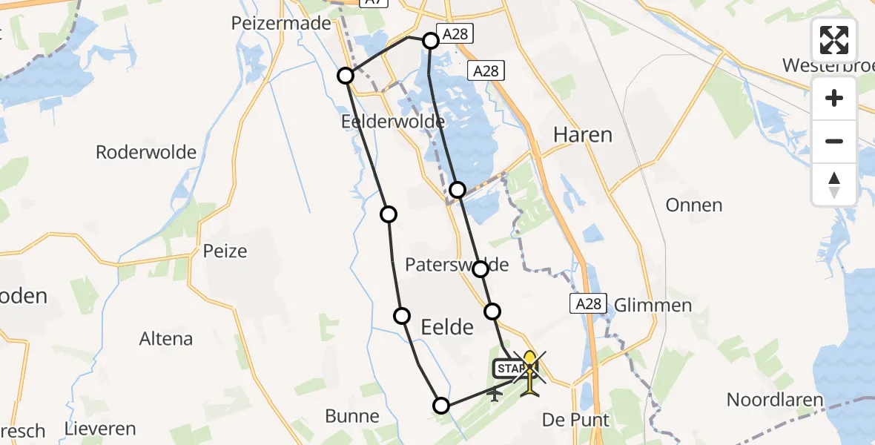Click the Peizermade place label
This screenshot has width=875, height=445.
click(x=281, y=24)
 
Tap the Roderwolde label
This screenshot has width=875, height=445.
click(x=146, y=153)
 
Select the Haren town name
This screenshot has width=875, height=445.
click(x=583, y=134)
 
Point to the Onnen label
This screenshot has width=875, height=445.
click(x=694, y=205)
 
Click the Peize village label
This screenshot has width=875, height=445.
click(x=225, y=251)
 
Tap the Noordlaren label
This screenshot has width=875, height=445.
click(x=775, y=400)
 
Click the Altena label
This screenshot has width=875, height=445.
click(x=166, y=339)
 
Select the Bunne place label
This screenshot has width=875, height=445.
click(x=352, y=416)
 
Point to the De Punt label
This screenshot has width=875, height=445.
click(x=575, y=420)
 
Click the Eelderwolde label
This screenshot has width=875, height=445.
click(x=393, y=121)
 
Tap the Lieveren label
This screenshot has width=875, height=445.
click(x=100, y=429)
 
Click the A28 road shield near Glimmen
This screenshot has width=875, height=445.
click(x=589, y=303)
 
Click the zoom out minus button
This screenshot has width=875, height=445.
click(x=834, y=141)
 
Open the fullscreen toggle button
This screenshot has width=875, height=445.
click(x=834, y=40)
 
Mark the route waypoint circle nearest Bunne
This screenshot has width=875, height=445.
click(x=441, y=405)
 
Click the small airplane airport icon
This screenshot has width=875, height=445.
click(x=495, y=393)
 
